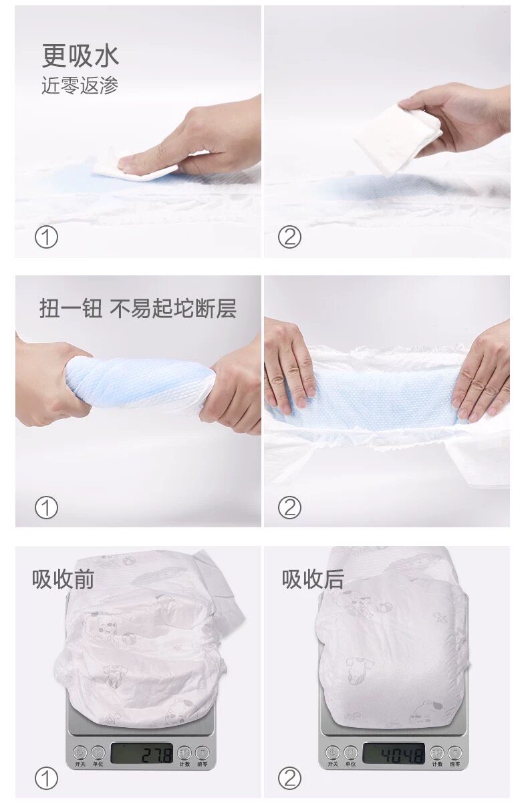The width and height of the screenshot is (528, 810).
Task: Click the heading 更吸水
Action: click(x=80, y=55)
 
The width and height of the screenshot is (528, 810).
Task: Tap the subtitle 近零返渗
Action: click(x=80, y=86)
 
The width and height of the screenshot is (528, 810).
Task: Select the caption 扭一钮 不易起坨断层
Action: click(x=138, y=309)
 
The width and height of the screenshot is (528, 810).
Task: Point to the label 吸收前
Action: click(x=63, y=579)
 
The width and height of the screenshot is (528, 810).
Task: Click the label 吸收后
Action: click(x=313, y=579)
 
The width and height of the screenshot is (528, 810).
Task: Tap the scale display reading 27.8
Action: click(x=142, y=754)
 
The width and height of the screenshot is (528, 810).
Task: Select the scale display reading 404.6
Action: click(x=394, y=754)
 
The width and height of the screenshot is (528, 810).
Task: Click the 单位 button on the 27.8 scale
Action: click(x=98, y=753)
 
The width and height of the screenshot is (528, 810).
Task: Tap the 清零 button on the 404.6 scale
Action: click(x=454, y=753)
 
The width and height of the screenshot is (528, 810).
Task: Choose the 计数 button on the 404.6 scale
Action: click(x=437, y=753)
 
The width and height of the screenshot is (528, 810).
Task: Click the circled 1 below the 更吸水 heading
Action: click(x=46, y=237)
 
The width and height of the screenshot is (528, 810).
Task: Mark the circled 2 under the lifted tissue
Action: click(x=289, y=237)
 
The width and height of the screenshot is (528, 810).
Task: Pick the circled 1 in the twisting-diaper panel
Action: click(x=46, y=508)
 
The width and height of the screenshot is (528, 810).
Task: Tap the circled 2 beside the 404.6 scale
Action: click(x=289, y=778)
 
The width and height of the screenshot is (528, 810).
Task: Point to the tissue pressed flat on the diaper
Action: click(x=136, y=169)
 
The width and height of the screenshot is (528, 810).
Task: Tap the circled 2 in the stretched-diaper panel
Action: click(x=289, y=508)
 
